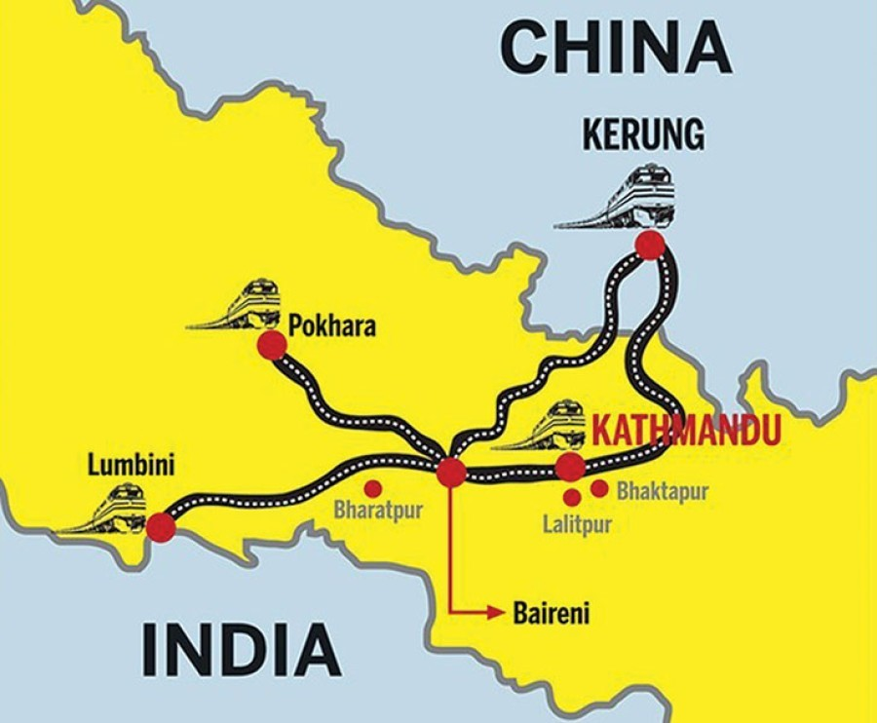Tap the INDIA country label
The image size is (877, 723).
243,650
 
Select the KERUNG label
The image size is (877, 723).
643,135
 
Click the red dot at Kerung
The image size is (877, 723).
650,246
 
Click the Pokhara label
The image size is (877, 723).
332,325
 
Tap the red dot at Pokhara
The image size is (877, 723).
272,346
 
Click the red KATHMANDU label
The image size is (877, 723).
687,430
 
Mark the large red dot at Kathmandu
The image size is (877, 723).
570,467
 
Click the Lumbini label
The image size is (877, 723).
132,465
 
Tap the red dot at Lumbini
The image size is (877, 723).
161,527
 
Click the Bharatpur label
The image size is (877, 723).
378,510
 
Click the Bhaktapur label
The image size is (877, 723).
663,492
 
